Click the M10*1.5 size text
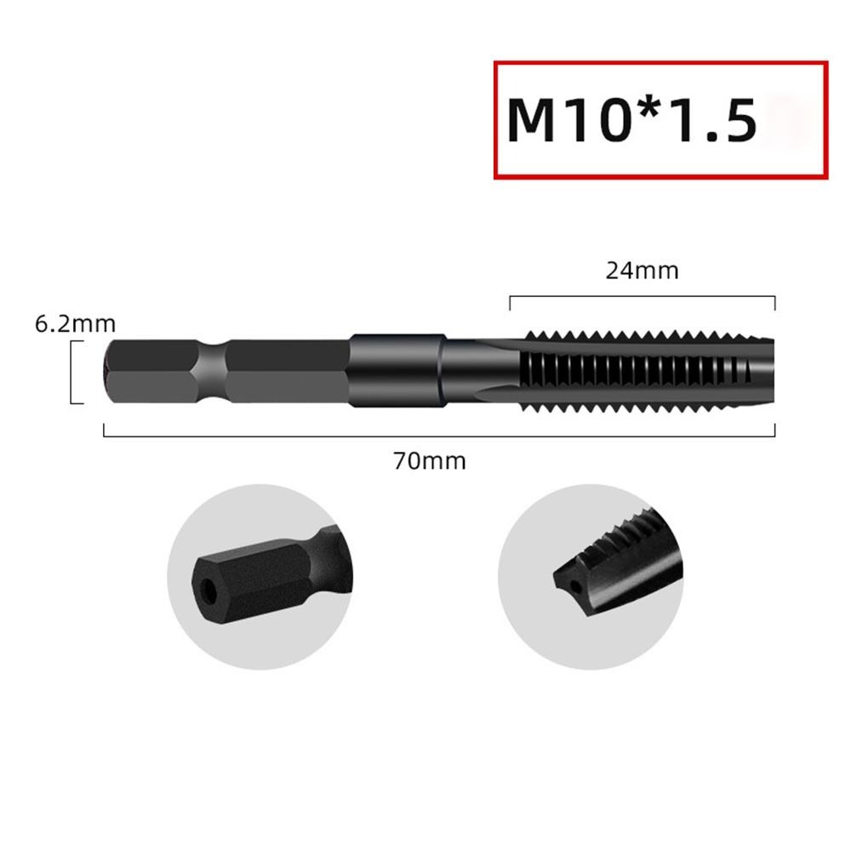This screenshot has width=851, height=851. [x=631, y=120]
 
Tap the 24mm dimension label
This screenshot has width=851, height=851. [x=642, y=271]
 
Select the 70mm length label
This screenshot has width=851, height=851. [x=429, y=461]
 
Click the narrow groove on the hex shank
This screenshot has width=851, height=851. [x=213, y=371]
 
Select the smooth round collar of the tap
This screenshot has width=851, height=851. [x=397, y=371]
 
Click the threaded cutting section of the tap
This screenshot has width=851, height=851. [x=630, y=371]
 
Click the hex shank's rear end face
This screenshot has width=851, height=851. [x=108, y=371]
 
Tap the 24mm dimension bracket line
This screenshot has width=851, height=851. [x=642, y=297]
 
